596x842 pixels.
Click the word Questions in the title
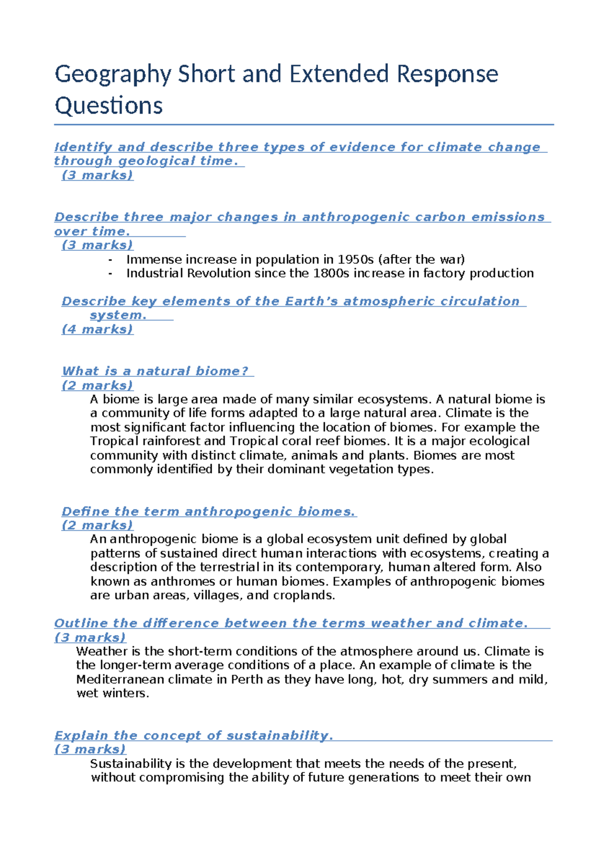pos(108,106)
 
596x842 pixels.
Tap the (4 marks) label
pos(97,330)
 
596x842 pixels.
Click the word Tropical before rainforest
pos(114,441)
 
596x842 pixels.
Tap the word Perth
pos(246,680)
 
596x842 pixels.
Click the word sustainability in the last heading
pos(279,736)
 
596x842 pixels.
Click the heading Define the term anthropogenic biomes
pos(209,512)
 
